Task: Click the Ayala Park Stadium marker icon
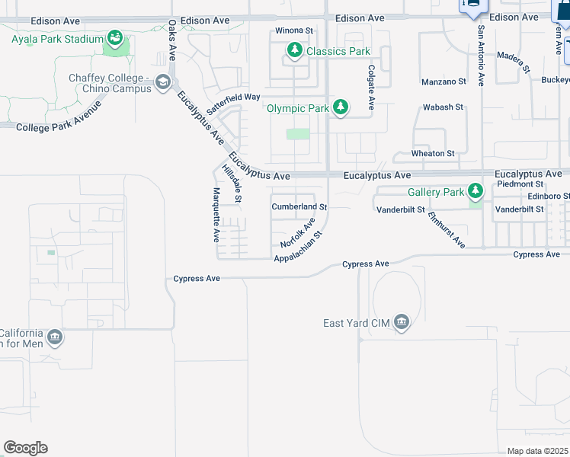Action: [115, 37]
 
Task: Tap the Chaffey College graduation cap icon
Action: [162, 81]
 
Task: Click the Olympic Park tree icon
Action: [341, 108]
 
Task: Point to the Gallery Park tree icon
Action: [476, 190]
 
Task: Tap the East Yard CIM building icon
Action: [402, 323]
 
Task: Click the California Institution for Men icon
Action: [55, 337]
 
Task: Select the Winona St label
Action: [295, 31]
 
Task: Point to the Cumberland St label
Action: [299, 206]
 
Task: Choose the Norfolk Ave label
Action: [297, 233]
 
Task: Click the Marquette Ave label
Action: [216, 215]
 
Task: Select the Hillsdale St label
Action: [231, 184]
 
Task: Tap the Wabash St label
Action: [443, 107]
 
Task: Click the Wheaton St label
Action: [433, 153]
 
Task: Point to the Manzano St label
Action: [444, 81]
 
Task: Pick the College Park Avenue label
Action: [58, 126]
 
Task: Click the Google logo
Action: [25, 448]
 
